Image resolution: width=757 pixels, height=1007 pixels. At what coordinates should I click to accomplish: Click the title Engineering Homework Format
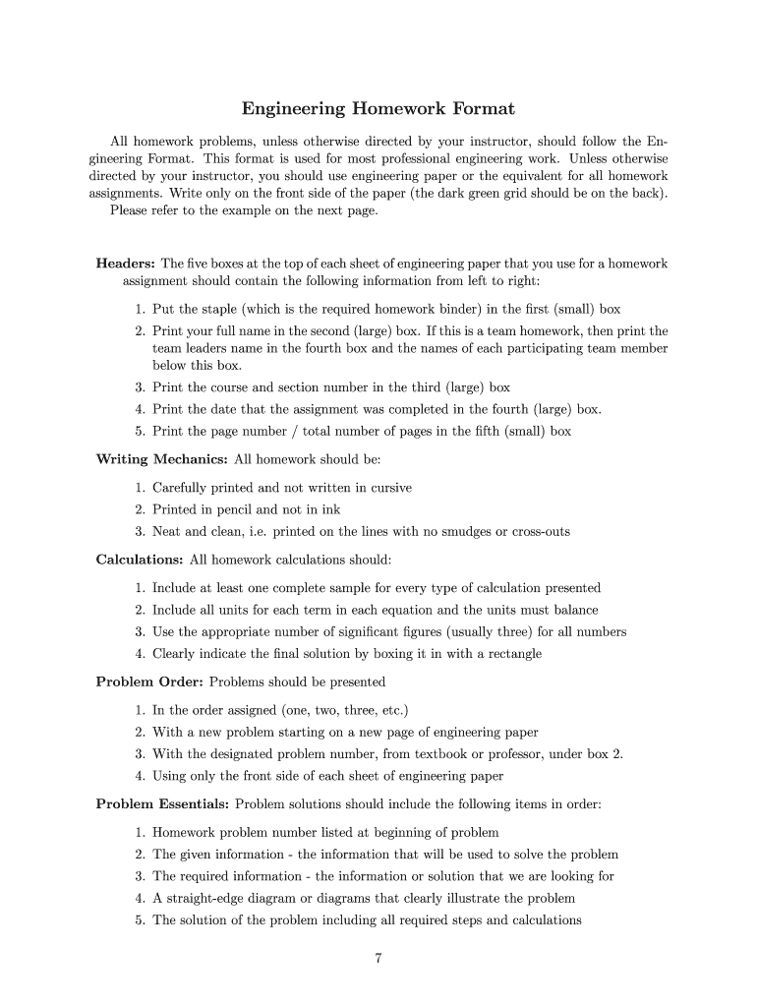(x=378, y=108)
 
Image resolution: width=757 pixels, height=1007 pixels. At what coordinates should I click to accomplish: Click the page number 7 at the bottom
(x=378, y=961)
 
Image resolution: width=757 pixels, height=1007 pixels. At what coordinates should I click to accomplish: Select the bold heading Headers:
(x=125, y=264)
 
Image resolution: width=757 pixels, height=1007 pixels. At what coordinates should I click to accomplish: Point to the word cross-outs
(x=534, y=532)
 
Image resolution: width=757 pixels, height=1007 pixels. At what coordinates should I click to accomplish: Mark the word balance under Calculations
(x=574, y=610)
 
